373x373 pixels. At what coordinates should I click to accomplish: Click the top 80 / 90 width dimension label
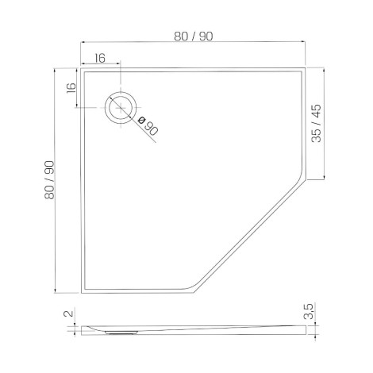(194, 37)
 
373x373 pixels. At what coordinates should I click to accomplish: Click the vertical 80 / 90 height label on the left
(49, 180)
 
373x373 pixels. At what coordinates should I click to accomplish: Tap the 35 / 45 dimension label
(316, 123)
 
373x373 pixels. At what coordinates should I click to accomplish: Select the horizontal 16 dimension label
(100, 58)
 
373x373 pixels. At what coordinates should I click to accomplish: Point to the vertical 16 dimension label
(71, 88)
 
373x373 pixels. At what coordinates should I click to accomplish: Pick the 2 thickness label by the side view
(68, 313)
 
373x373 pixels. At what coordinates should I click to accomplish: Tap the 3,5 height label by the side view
(309, 311)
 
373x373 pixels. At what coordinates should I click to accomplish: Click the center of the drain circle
(121, 108)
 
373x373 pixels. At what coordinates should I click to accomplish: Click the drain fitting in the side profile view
(121, 333)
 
